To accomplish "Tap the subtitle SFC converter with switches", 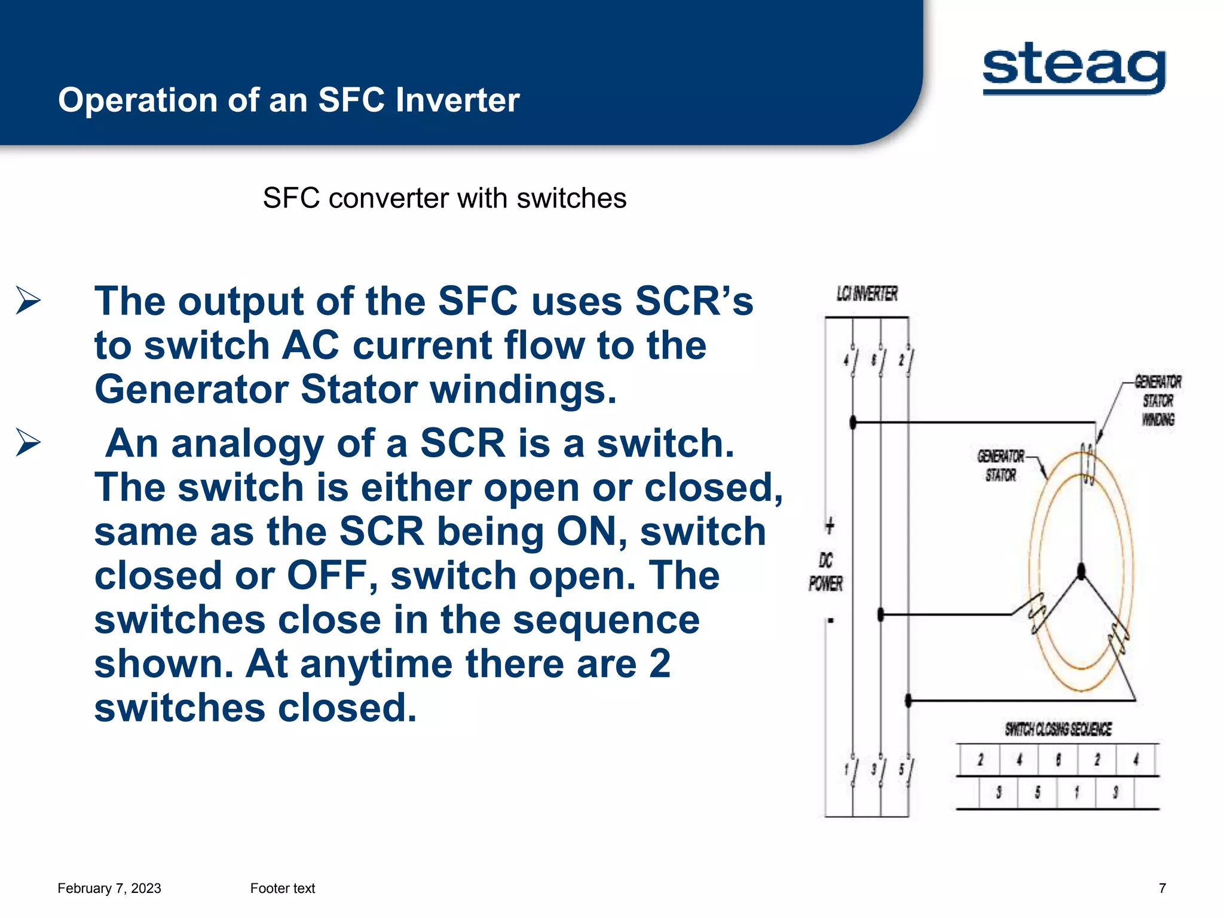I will point(445,198).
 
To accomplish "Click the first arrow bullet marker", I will point(28,300).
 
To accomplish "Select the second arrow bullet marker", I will point(28,442).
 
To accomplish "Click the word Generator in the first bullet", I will point(191,390).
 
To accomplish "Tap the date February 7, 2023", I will point(109,888).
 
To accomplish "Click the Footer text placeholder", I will point(282,888).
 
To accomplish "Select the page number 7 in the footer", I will point(1162,888).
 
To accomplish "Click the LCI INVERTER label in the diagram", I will point(867,294).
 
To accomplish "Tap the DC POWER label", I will point(825,573).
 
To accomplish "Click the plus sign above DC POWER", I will point(830,525).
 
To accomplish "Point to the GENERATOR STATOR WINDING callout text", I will point(1158,400).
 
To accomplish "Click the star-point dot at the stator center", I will point(1081,571).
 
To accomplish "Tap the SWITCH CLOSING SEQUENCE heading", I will point(1058,729).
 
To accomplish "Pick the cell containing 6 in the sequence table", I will point(1058,760).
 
